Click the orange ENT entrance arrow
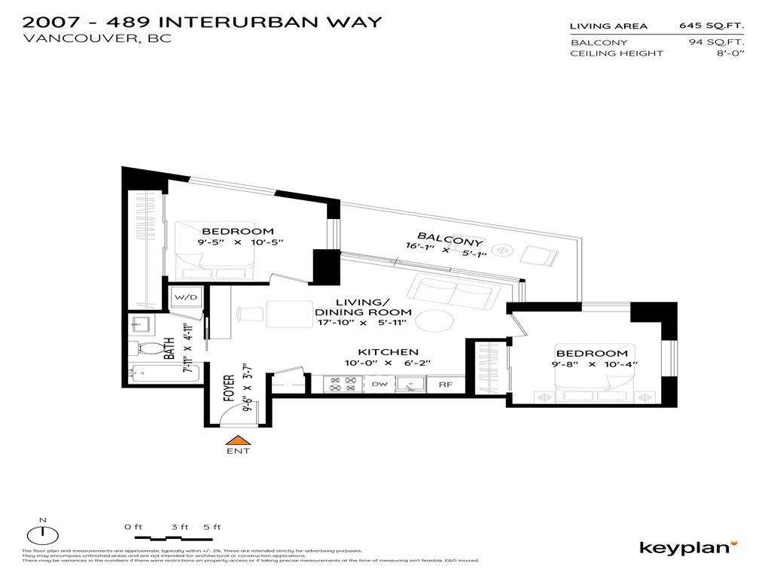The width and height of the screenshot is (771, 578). coord(238,440)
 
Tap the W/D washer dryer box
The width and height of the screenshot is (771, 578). coord(186,297)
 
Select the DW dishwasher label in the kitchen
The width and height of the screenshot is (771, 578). coord(379,384)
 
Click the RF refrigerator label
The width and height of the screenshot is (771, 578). coord(446,384)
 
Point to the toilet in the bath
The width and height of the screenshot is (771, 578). coord(146,348)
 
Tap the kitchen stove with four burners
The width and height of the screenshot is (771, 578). coord(343,384)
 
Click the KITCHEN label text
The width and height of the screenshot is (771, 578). coord(388,352)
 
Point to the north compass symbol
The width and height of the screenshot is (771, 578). coord(43,535)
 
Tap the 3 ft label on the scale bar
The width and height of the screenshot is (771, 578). coord(180,527)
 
